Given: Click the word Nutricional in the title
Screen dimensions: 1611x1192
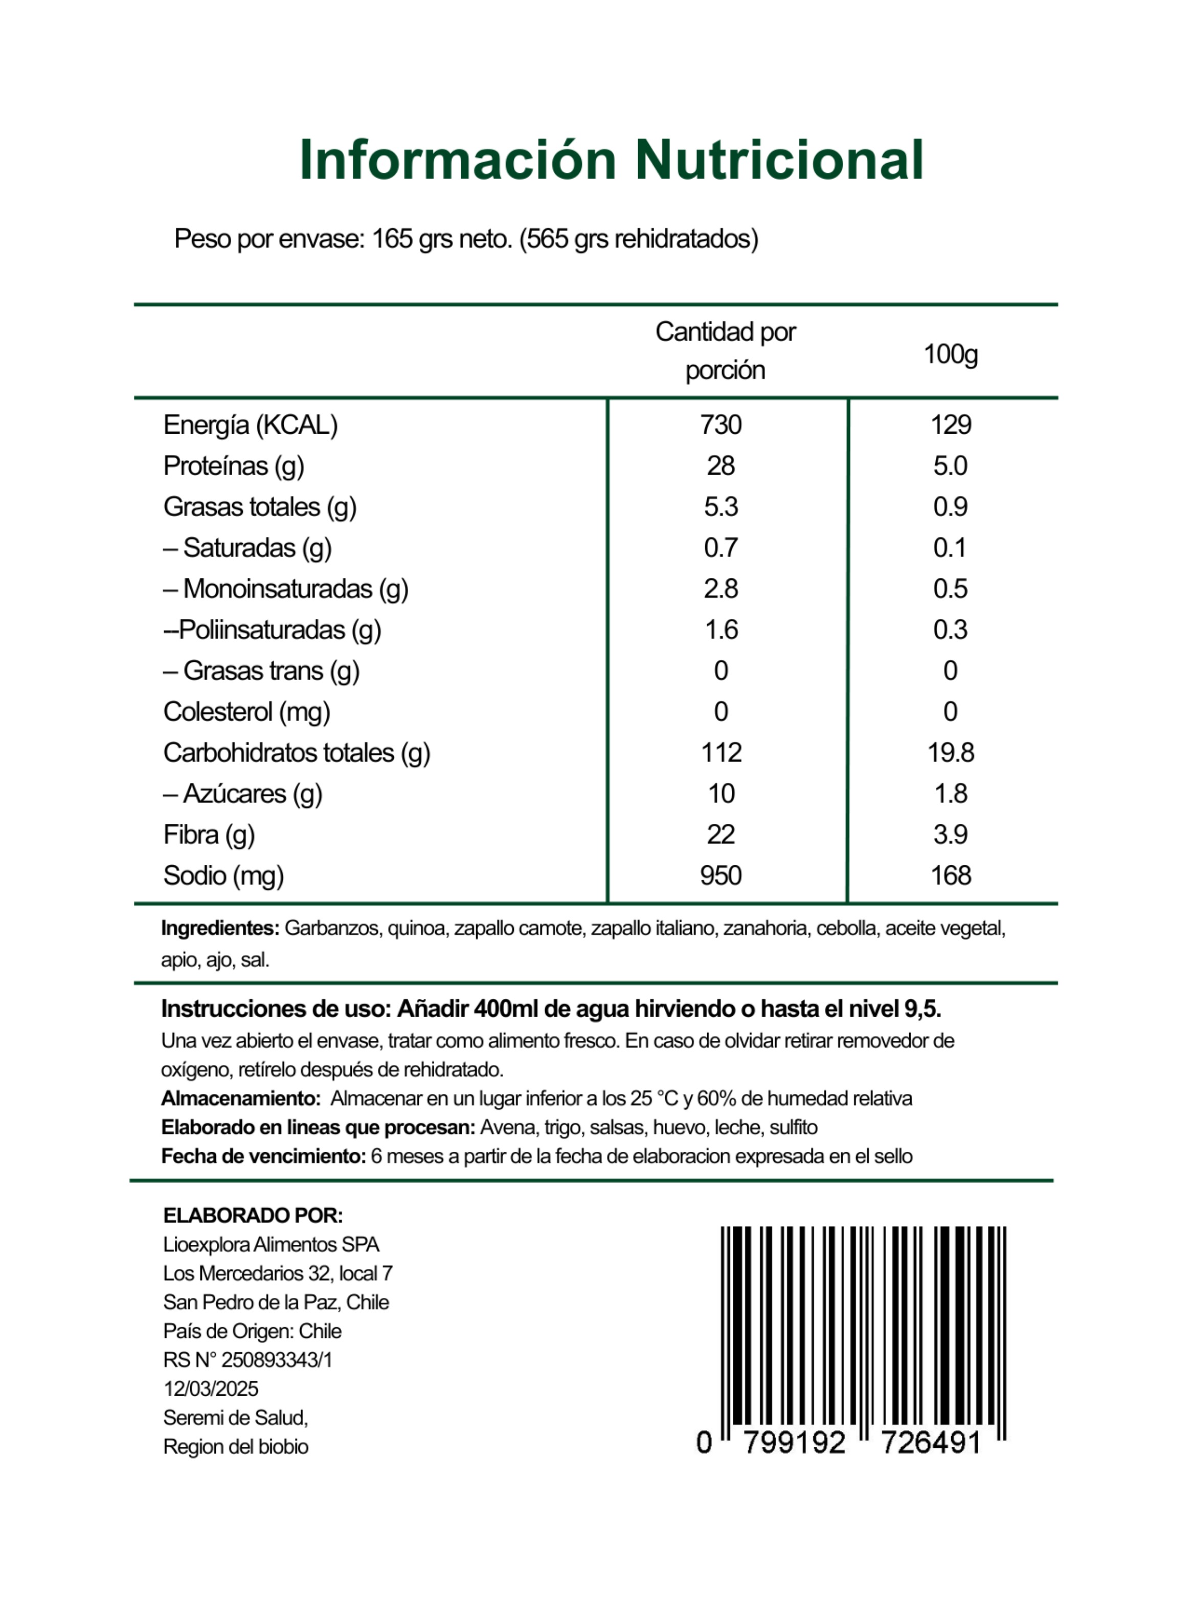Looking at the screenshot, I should tap(779, 160).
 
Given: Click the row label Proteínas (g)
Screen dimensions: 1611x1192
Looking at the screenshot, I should tap(234, 466).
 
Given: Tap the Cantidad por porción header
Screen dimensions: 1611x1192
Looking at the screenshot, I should tap(725, 351).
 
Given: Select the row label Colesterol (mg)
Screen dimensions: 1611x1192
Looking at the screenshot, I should tap(247, 712).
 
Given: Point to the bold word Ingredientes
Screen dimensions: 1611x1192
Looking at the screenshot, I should tap(220, 929).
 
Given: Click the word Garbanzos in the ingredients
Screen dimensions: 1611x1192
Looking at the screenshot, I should tap(332, 929).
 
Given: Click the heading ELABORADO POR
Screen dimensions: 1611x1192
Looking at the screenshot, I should tap(253, 1216).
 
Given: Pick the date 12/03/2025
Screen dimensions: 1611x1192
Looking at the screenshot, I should tap(211, 1389).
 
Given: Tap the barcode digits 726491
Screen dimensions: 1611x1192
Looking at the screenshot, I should tap(931, 1443).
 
